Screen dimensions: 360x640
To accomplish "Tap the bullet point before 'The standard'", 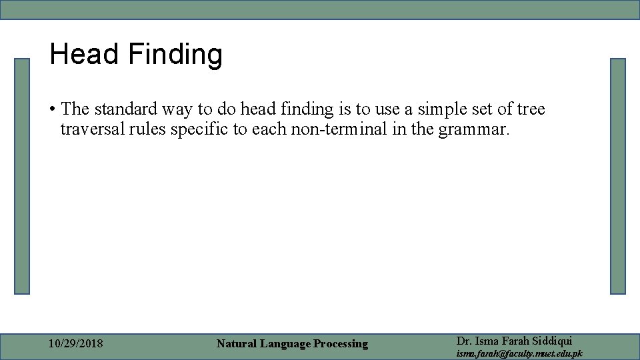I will click(53, 109).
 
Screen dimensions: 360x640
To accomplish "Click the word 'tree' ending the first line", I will click(531, 109).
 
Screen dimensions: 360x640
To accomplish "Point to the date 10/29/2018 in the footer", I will click(76, 344).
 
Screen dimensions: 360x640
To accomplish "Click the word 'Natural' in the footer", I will click(237, 344).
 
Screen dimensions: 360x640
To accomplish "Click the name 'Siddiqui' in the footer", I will click(550, 341).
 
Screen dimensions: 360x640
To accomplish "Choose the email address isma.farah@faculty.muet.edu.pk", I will click(519, 353).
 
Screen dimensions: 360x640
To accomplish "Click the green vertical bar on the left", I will click(23, 176).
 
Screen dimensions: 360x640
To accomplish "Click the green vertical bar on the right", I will click(618, 176).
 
